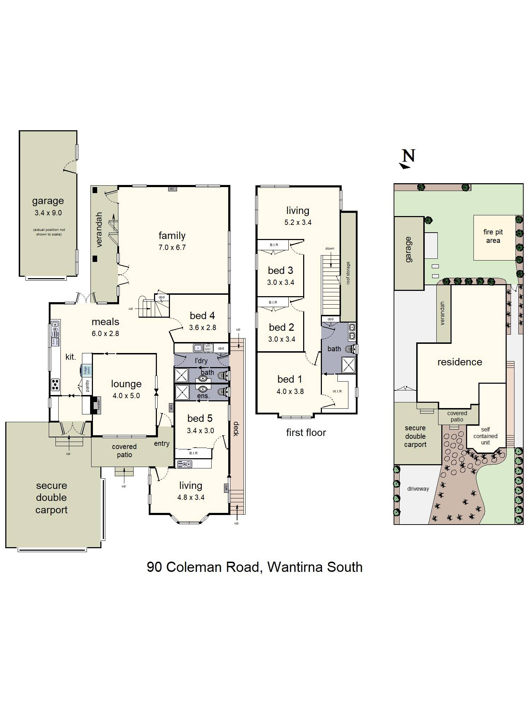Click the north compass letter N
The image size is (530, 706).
tap(408, 156)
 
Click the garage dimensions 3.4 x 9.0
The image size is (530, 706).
tap(48, 213)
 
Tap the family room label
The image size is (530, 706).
tap(172, 235)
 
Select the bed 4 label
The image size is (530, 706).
tap(202, 316)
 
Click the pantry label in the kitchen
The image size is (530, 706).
tap(88, 385)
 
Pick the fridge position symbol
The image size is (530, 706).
tap(86, 370)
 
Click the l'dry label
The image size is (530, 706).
tap(201, 361)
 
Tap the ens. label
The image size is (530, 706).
tap(203, 396)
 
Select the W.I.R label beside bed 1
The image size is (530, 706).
tap(337, 391)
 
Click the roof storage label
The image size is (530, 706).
tap(348, 273)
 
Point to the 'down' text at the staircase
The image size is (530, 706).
tap(330, 249)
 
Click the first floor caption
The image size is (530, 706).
tap(306, 432)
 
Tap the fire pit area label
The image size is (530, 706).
tap(493, 236)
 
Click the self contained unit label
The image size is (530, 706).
tap(485, 436)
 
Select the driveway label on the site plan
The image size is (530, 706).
tap(418, 489)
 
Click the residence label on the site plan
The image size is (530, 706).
tap(460, 362)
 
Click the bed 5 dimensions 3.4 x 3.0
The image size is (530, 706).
tap(200, 431)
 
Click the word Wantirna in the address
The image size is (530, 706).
tap(295, 567)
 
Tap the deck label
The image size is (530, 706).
tap(236, 429)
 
